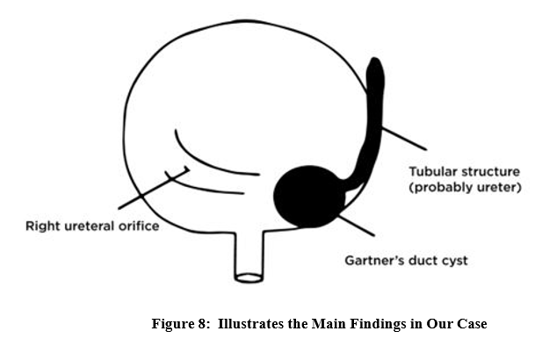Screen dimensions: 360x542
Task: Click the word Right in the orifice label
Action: (43, 227)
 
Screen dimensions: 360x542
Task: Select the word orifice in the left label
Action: (137, 227)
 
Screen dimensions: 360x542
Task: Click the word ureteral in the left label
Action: (89, 227)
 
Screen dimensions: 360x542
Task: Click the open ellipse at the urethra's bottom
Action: (249, 278)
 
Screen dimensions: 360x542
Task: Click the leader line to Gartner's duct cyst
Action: (356, 223)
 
